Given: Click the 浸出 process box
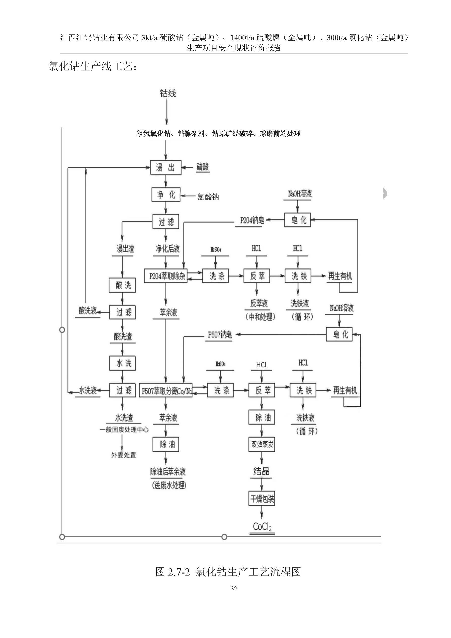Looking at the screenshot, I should (x=166, y=167).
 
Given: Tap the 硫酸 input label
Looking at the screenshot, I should (x=203, y=167).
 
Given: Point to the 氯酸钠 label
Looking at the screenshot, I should (x=208, y=197).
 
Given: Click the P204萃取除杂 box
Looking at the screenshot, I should (x=166, y=276).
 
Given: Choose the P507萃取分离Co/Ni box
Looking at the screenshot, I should (x=166, y=391).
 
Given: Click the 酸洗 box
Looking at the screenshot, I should (x=122, y=285).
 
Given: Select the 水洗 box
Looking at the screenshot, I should (x=122, y=363).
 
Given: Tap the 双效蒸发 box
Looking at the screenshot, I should (x=262, y=444).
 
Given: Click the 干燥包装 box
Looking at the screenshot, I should (x=262, y=499).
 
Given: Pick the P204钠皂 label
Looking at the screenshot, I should (x=251, y=220).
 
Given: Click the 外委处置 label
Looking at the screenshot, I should (x=124, y=455).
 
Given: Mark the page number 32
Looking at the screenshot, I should (x=234, y=589).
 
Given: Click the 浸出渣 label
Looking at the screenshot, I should (x=125, y=249).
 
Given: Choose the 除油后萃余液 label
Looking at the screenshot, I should (x=168, y=472).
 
